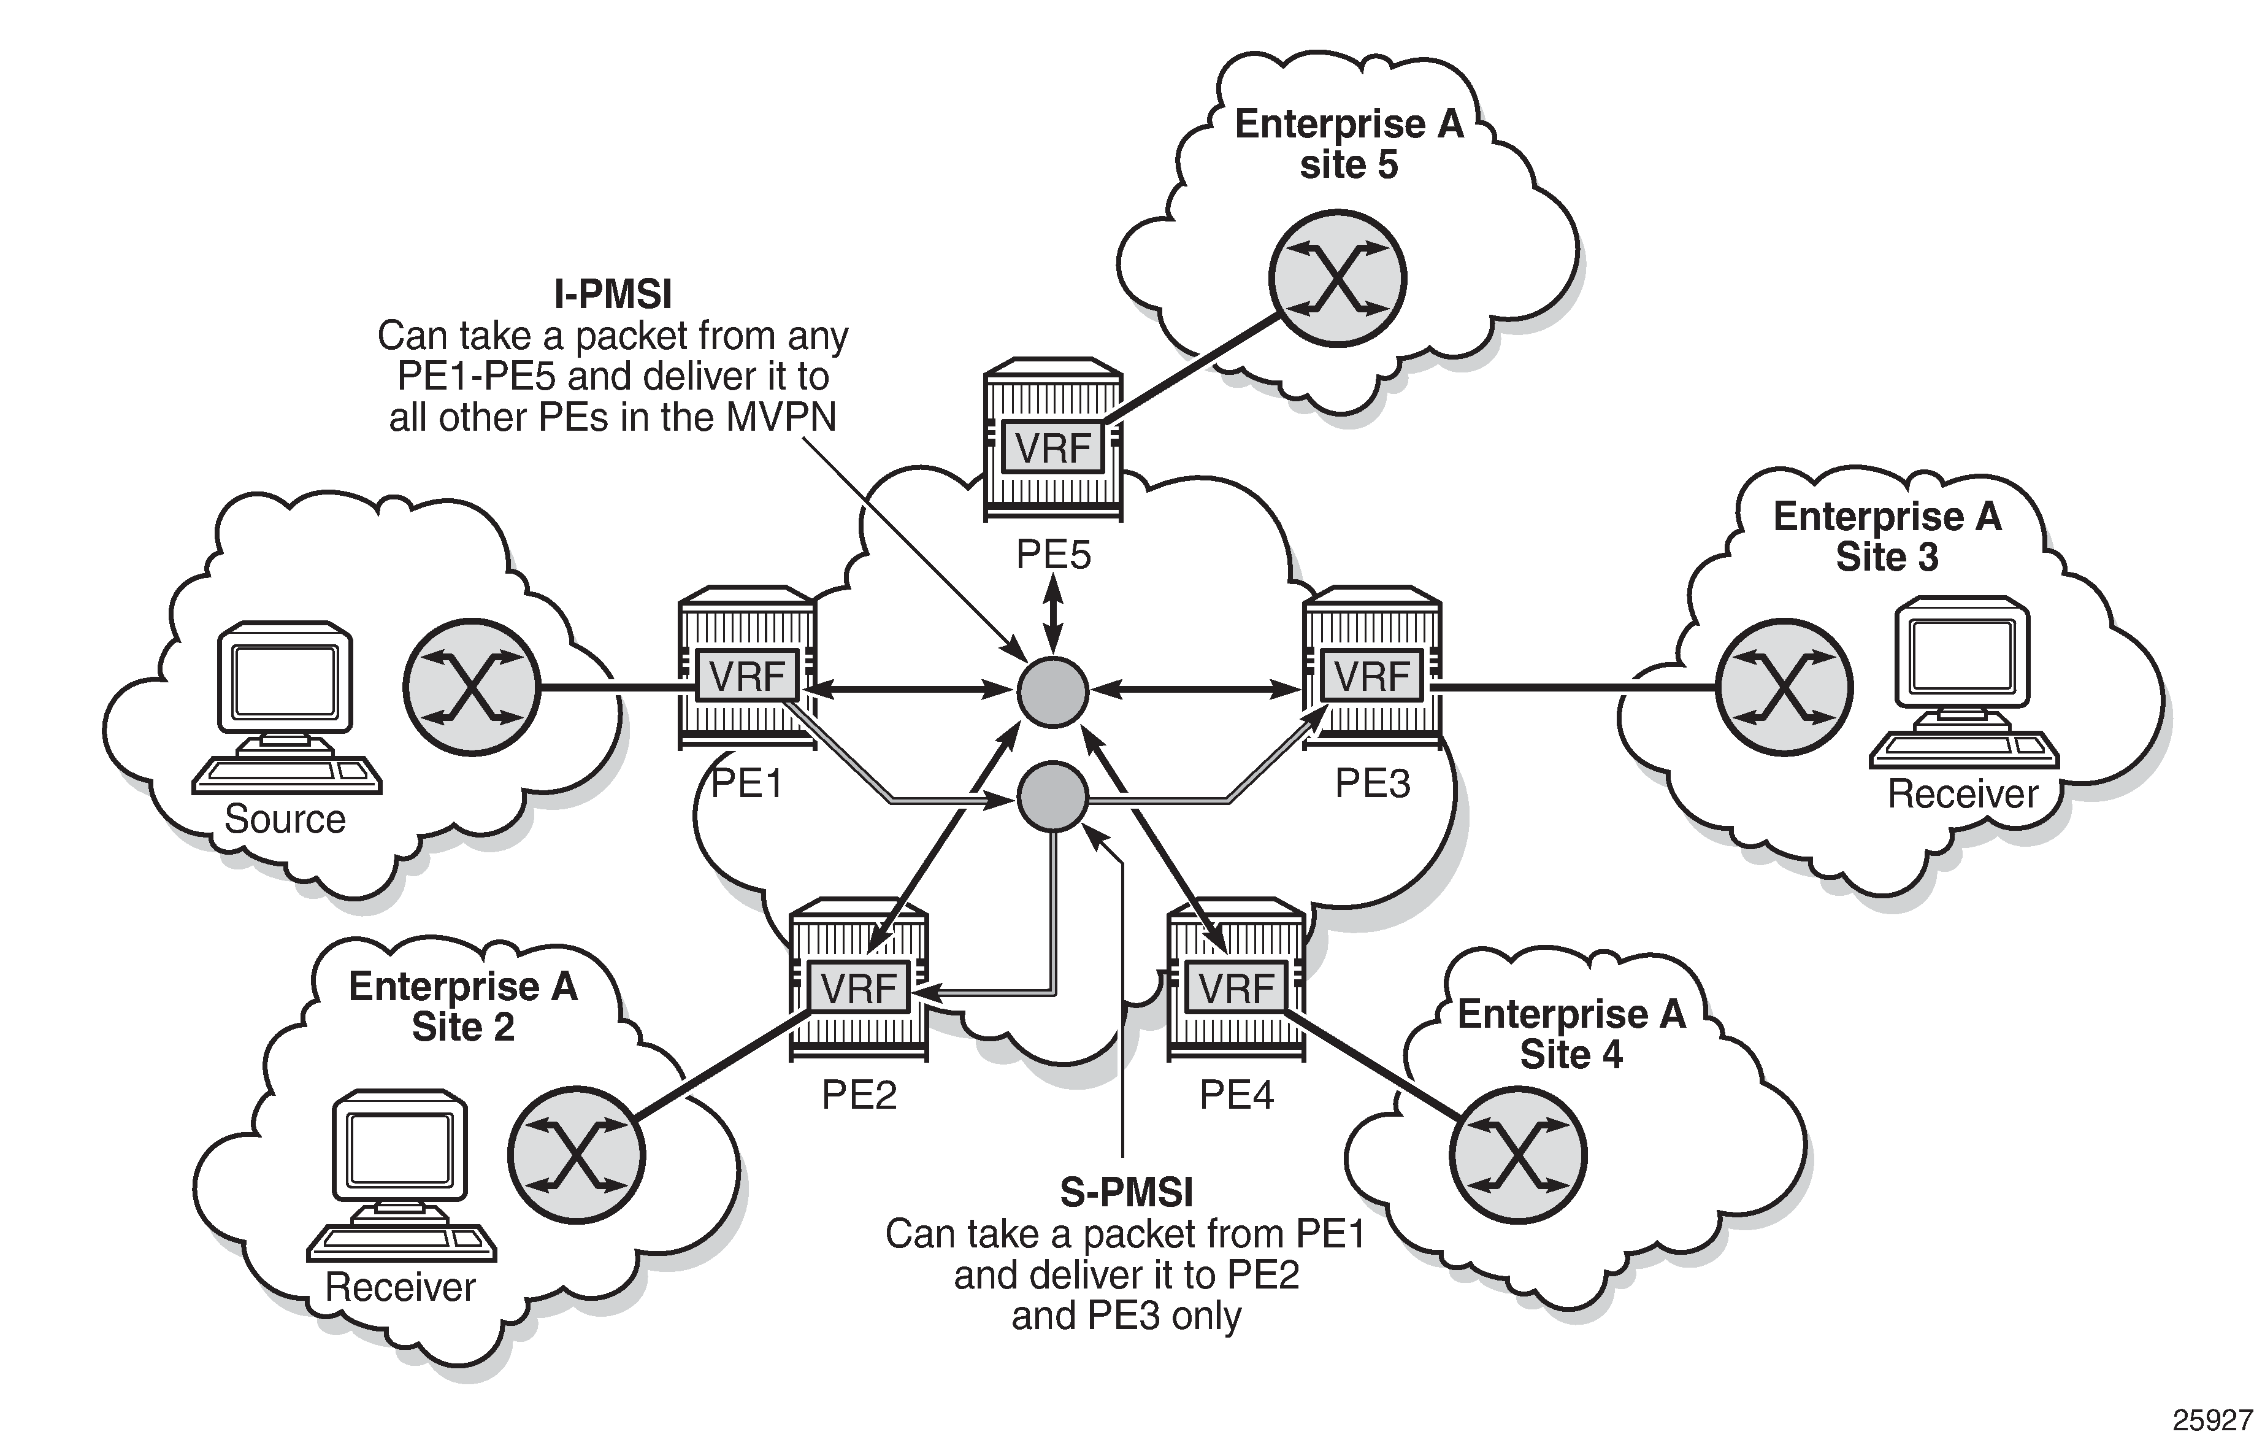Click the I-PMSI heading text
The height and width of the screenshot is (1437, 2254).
[x=613, y=295]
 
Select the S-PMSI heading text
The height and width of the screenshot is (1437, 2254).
[x=1126, y=1193]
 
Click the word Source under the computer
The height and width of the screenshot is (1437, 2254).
[x=285, y=819]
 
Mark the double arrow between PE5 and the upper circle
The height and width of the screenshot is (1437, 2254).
[x=1054, y=613]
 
